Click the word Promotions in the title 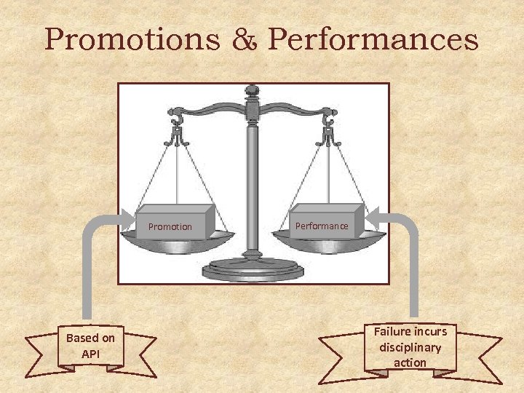(132, 40)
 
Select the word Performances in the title (373, 40)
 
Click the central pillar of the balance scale (253, 189)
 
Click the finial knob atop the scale (253, 91)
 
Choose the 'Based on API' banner (90, 346)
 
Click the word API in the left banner (90, 354)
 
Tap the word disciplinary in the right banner (410, 347)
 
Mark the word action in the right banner (410, 362)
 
